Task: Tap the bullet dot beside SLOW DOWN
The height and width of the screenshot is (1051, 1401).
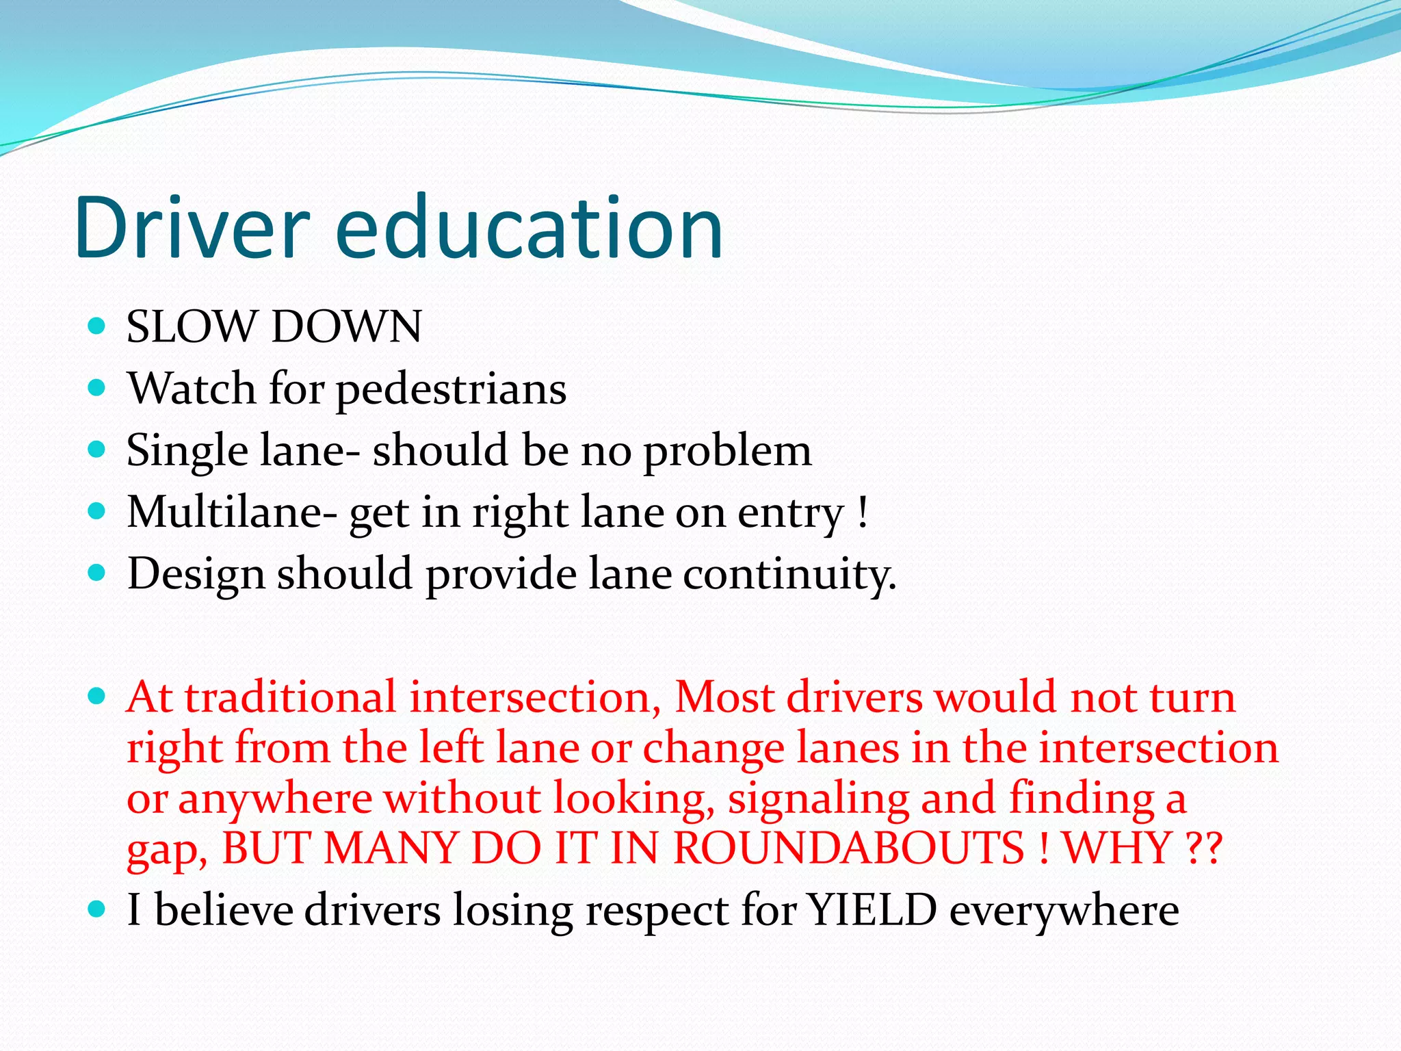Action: (x=97, y=326)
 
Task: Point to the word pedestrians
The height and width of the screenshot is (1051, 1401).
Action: (x=451, y=389)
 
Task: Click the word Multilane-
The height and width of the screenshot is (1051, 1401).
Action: (x=232, y=512)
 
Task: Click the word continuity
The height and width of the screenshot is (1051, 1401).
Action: (x=789, y=574)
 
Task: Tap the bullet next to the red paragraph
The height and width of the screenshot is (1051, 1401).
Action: (x=97, y=697)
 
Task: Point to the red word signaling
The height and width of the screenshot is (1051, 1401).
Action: (x=818, y=799)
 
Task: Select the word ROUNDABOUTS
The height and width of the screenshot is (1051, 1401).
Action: (x=849, y=848)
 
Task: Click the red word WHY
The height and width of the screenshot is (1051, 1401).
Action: (x=1118, y=848)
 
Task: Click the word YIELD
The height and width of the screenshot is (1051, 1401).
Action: (x=872, y=911)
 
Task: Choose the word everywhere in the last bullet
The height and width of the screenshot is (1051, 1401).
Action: (x=1064, y=911)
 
